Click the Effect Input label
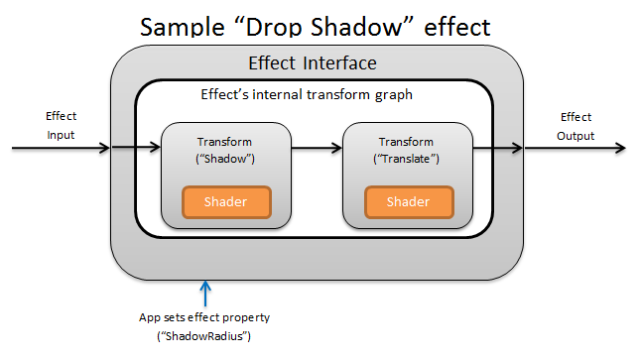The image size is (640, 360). pyautogui.click(x=62, y=125)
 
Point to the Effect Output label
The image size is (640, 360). pyautogui.click(x=576, y=126)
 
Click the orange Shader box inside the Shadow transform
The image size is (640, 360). pyautogui.click(x=226, y=202)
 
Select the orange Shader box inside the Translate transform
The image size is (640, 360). pyautogui.click(x=408, y=202)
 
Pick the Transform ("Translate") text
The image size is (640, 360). pyautogui.click(x=408, y=151)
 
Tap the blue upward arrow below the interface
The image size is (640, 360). pyautogui.click(x=205, y=293)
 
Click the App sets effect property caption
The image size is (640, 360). pyautogui.click(x=205, y=318)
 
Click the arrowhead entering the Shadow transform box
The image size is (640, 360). pyautogui.click(x=155, y=150)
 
